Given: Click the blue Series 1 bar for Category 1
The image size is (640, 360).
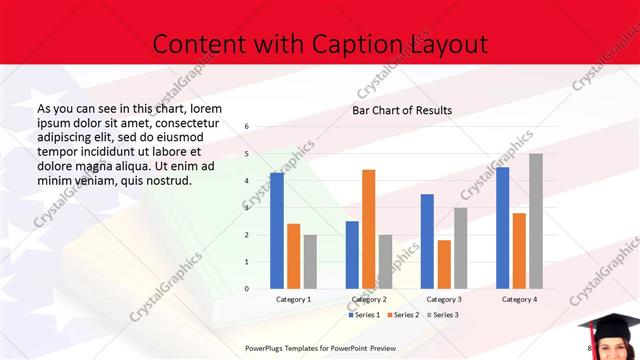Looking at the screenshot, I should pos(277,231).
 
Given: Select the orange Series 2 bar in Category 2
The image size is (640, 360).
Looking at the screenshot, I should pos(368,229).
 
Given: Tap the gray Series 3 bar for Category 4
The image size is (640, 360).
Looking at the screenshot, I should pos(536,221).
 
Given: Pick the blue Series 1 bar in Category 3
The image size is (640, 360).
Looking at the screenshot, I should pos(427,241).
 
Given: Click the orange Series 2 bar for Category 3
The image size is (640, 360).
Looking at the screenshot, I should pos(444,264).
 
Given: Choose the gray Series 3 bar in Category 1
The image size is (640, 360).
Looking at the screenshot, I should pos(310,262).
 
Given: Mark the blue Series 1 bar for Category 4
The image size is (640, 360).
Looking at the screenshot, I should pos(502,228).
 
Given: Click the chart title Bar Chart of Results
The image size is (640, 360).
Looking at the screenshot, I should pos(402,110).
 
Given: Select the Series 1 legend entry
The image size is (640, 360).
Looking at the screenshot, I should pos(363,315).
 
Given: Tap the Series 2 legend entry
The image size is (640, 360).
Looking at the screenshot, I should pos(404,315).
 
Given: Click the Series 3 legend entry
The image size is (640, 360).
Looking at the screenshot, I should pos(444,315).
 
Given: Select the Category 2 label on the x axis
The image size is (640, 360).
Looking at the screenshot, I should pos(369,299).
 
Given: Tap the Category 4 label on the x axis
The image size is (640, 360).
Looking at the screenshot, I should pos(519,299).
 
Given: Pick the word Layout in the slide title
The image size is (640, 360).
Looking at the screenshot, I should pos(449,44).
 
